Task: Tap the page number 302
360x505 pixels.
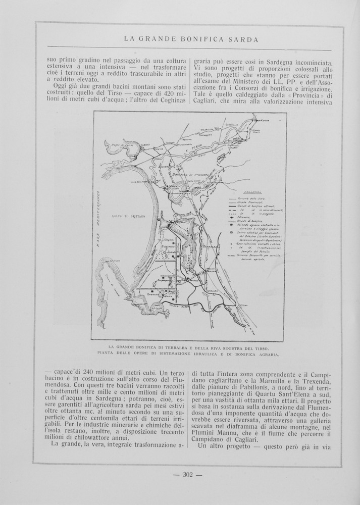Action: (x=188, y=474)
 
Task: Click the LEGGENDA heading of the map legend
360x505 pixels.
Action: (x=251, y=192)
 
